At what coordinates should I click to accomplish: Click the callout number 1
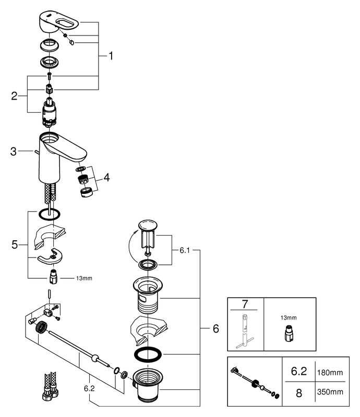click(x=110, y=55)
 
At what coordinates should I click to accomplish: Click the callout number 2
click(x=15, y=95)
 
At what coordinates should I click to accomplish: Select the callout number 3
click(x=13, y=152)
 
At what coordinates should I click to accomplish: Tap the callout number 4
click(x=106, y=178)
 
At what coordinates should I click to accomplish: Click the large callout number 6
click(x=215, y=329)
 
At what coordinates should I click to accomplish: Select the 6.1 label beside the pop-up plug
click(x=184, y=250)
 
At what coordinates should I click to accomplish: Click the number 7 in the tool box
click(x=245, y=304)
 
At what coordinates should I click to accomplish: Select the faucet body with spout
click(x=57, y=154)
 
